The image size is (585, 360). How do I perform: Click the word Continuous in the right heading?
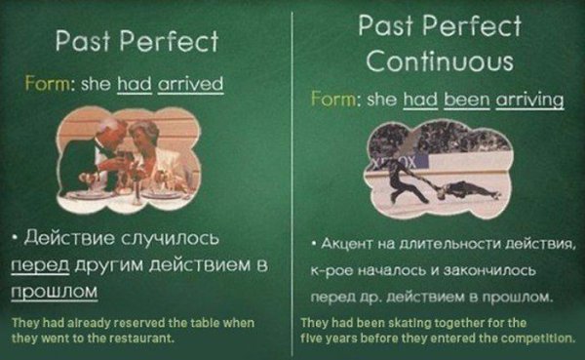440,60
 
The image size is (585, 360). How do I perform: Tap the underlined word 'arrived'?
191,84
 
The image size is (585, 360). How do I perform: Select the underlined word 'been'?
466,100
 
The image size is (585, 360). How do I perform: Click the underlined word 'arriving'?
529,100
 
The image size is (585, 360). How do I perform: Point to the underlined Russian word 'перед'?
40,266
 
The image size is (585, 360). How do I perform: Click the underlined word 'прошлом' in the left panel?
55,292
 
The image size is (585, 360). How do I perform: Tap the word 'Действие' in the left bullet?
69,238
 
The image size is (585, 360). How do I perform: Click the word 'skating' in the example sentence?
410,323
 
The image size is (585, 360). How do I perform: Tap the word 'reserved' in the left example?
141,323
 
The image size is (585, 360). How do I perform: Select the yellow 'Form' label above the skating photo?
333,100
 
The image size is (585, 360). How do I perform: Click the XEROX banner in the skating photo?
396,163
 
